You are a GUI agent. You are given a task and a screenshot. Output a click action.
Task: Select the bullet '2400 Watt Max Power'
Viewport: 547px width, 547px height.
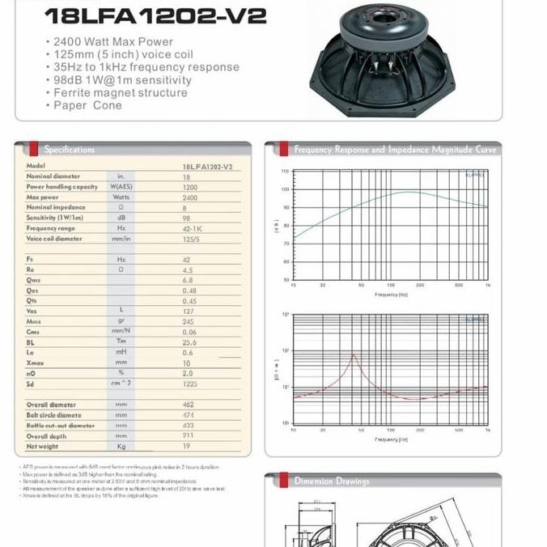112,41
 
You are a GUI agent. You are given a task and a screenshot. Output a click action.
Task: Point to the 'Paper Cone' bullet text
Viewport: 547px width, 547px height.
88,105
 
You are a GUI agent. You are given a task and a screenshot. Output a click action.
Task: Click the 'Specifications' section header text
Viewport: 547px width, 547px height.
70,150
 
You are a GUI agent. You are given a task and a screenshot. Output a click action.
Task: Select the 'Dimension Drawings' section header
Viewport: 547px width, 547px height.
332,481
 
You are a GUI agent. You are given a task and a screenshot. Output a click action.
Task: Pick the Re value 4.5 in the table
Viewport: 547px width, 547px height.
188,270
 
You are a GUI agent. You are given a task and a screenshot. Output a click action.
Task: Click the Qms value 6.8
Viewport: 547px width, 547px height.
188,281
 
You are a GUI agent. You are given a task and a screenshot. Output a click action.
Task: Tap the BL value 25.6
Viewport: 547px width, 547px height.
190,342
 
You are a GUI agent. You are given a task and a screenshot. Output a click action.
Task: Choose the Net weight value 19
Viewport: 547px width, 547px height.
187,447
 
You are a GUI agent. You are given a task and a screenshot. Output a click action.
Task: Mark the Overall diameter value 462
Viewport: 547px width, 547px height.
189,405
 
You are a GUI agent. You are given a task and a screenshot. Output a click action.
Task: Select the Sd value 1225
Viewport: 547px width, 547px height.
189,384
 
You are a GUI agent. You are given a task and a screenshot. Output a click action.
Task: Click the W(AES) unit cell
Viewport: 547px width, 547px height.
121,187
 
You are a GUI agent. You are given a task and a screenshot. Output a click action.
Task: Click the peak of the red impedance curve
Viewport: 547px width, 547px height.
354,354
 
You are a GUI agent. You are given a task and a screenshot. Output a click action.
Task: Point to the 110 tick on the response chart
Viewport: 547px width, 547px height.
285,172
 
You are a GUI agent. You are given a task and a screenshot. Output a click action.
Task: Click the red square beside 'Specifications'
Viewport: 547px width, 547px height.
33,149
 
